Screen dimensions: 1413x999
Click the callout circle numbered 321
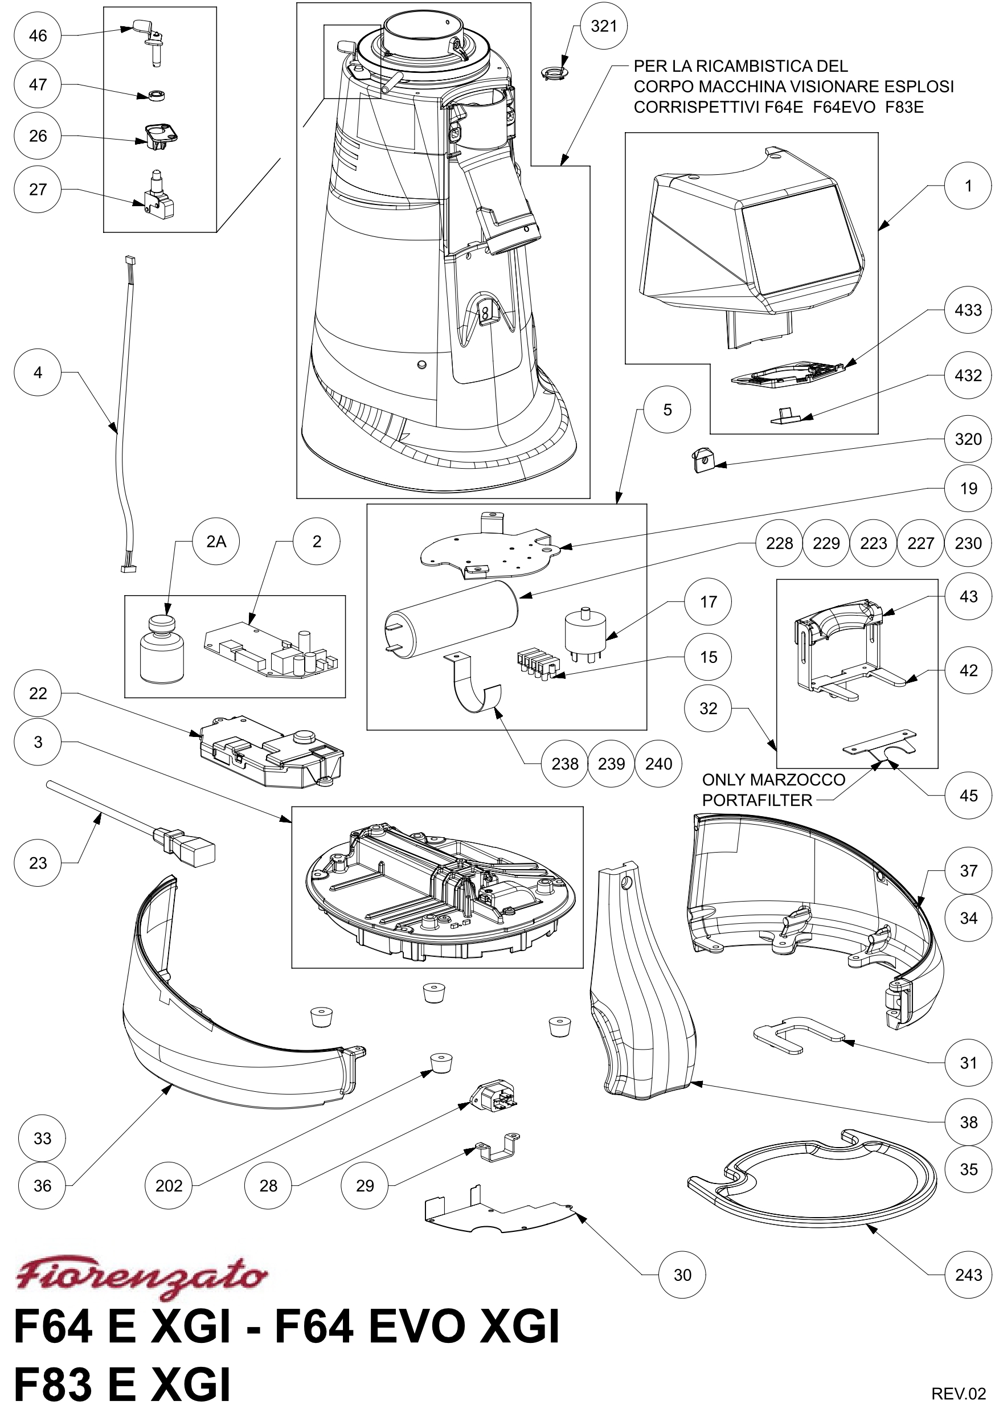tap(603, 26)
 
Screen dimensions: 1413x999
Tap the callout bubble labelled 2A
tap(216, 542)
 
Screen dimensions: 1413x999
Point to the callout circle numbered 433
tap(968, 310)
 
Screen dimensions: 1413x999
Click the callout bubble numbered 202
tap(169, 1186)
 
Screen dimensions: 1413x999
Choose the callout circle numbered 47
tap(38, 84)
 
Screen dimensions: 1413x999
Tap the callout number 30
tap(682, 1275)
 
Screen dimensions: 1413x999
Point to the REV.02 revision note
tap(959, 1392)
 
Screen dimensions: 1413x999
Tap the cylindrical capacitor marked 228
tap(451, 619)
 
